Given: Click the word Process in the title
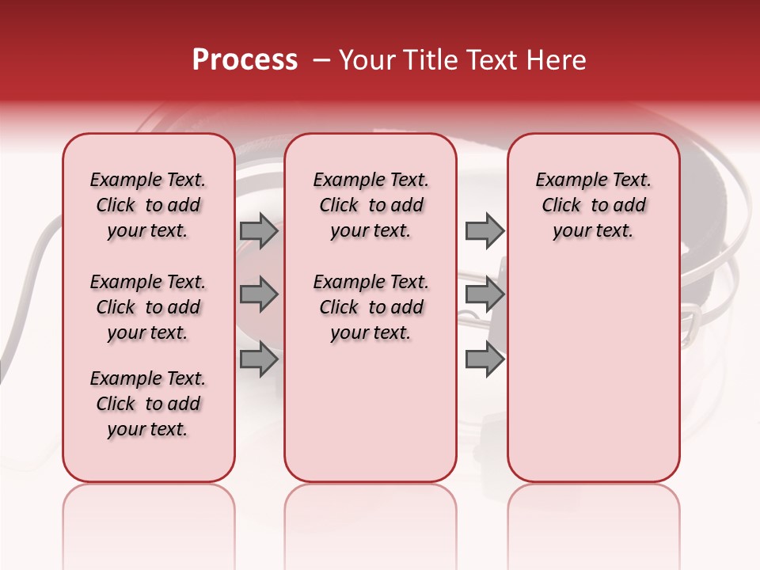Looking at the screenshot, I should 245,60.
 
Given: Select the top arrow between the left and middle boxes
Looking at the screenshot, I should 259,230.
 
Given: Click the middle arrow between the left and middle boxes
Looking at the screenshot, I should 259,294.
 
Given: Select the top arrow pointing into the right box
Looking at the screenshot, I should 484,230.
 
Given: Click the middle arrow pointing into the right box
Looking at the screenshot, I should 484,294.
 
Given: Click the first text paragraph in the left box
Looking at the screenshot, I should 148,205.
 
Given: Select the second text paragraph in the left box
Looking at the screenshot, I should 148,307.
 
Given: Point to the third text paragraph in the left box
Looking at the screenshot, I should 148,404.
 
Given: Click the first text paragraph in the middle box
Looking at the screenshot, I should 370,205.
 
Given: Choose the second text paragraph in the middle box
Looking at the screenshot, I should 370,307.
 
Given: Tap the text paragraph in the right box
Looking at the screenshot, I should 594,205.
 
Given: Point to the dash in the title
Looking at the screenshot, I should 321,60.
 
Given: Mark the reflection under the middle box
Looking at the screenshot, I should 370,515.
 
